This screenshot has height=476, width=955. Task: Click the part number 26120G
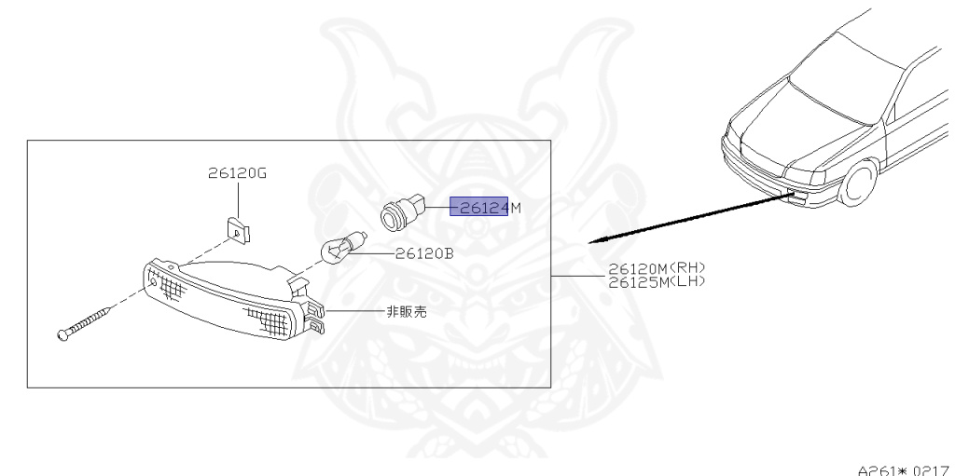pyautogui.click(x=237, y=173)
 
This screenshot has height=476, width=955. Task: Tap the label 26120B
pyautogui.click(x=424, y=252)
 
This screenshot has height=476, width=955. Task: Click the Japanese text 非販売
pyautogui.click(x=406, y=312)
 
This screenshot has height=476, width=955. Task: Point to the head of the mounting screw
pyautogui.click(x=62, y=334)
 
